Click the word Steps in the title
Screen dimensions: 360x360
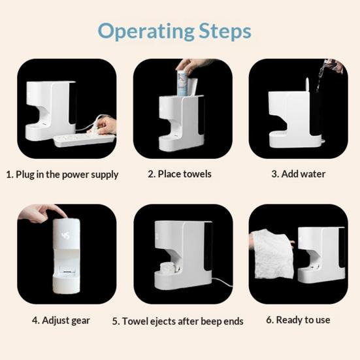pyautogui.click(x=225, y=31)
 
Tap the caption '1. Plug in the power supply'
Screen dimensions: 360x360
pyautogui.click(x=62, y=174)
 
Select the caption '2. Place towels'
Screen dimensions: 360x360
pyautogui.click(x=180, y=174)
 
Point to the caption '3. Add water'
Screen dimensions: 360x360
pyautogui.click(x=298, y=174)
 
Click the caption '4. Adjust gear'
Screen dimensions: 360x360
pyautogui.click(x=61, y=320)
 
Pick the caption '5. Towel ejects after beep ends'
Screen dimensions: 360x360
pyautogui.click(x=178, y=321)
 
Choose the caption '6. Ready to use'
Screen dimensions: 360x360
pyautogui.click(x=298, y=320)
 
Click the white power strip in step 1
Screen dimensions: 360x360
pyautogui.click(x=84, y=140)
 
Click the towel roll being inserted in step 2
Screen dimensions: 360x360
pyautogui.click(x=183, y=83)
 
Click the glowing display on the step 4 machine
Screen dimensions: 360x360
pyautogui.click(x=66, y=235)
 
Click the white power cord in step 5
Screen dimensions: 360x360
pyautogui.click(x=222, y=282)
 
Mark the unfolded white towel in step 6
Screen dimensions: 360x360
pyautogui.click(x=271, y=255)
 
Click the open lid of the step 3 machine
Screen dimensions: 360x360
pyautogui.click(x=308, y=85)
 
